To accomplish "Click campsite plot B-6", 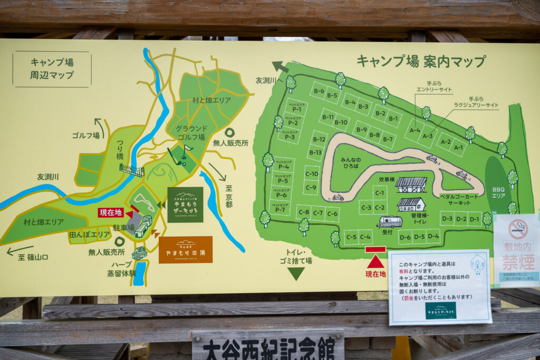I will [319, 91].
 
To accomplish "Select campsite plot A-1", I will [459, 148].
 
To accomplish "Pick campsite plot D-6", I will [405, 238].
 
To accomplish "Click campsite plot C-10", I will [312, 173].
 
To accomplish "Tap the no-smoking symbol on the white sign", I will [517, 229].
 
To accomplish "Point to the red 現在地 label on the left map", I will [111, 212].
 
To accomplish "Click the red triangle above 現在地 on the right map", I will [375, 261].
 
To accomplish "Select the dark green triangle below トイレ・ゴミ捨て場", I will [296, 274].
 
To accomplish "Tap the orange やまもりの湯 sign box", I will [186, 249].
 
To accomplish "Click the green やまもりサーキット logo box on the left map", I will [185, 205].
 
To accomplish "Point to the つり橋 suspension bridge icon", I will [132, 170].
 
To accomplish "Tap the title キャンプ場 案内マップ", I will [421, 61].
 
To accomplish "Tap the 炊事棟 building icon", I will [411, 184].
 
